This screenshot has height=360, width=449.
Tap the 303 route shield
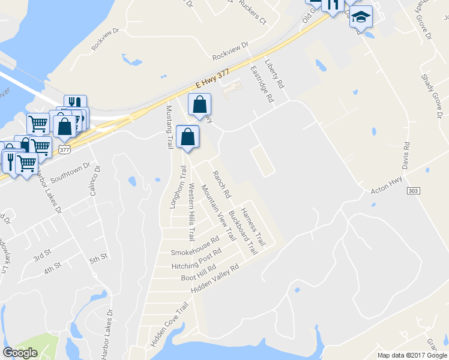pos(412,190)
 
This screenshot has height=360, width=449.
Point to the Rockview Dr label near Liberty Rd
pos(230,52)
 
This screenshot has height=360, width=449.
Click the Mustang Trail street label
pos(169,127)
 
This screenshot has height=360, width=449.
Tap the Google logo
pos(20,353)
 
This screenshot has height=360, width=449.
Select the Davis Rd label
pos(406,155)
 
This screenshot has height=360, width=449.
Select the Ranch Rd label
pos(220,184)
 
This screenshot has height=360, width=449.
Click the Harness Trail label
pos(253,226)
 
